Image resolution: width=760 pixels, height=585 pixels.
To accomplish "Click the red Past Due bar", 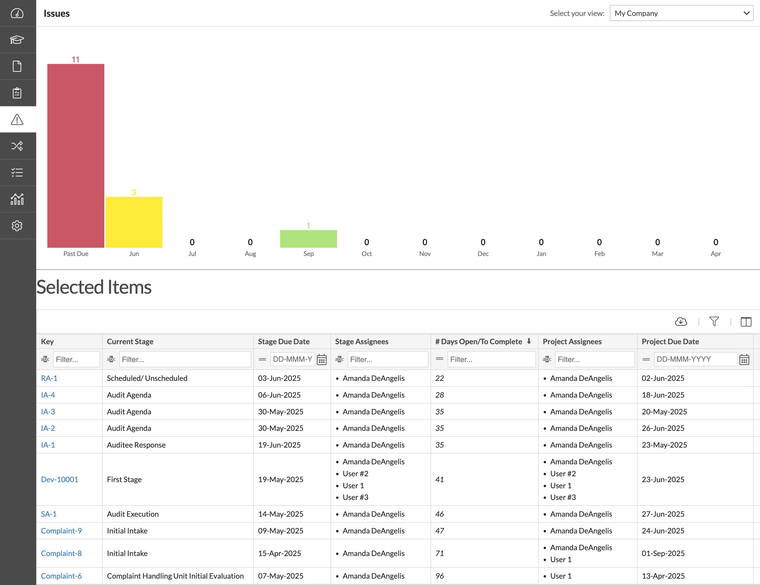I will click(76, 155).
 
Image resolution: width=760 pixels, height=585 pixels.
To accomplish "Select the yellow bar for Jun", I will click(134, 222).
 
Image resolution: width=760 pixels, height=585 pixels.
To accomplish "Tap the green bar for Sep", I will click(308, 239).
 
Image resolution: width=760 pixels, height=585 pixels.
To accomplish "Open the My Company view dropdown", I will click(681, 13).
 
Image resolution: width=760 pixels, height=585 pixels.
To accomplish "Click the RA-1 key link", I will click(49, 378).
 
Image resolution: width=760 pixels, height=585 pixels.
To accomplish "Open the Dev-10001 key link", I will click(60, 479).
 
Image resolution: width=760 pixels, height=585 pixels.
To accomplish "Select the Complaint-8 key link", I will click(61, 553).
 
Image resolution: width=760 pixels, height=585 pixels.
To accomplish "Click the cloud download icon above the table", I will click(681, 322).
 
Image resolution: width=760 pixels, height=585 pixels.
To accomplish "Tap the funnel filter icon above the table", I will click(714, 322).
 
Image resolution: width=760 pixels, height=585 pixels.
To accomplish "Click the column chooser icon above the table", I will click(746, 322).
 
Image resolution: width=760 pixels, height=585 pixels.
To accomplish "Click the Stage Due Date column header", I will click(284, 341).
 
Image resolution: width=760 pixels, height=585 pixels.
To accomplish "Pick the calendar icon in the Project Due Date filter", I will click(744, 359).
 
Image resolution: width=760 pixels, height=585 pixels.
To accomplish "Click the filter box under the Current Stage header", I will click(185, 359).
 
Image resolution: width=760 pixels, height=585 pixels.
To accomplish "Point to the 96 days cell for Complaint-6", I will click(440, 576).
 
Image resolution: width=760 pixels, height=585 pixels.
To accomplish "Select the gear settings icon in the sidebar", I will click(17, 226).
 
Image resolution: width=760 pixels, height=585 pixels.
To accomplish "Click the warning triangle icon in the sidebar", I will click(17, 120).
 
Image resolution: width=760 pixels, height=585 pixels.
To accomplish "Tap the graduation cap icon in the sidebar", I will click(17, 40).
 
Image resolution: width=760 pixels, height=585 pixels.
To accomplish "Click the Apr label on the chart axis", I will click(716, 254).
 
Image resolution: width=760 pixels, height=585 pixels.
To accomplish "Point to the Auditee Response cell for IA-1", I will click(136, 445).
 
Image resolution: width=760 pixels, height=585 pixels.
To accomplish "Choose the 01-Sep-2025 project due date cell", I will click(663, 553).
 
